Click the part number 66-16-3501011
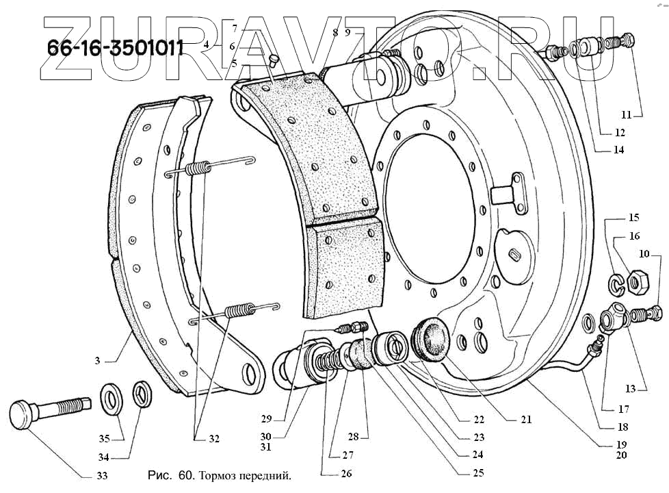[114, 48]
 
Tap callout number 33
[101, 475]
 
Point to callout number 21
[525, 420]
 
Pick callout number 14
[618, 150]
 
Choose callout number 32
[213, 439]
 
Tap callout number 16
[634, 236]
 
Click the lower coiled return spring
[237, 311]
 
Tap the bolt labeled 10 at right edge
[648, 314]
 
